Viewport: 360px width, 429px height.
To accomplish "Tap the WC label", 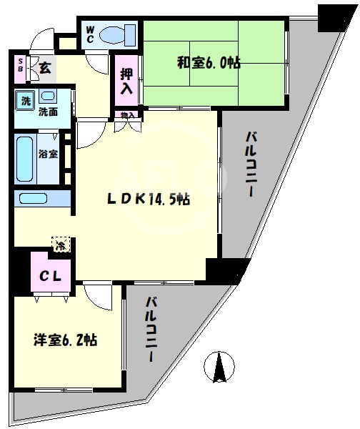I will tap(91, 34).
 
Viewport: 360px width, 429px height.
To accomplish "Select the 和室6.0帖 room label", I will tap(209, 63).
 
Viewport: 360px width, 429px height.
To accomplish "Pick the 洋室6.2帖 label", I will tap(64, 340).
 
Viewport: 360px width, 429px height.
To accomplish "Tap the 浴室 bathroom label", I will tap(48, 154).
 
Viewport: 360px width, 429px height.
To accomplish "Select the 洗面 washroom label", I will tap(48, 112).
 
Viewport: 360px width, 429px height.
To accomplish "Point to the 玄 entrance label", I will tap(44, 69).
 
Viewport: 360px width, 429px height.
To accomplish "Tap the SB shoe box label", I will tap(19, 69).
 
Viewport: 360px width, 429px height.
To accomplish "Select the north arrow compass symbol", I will tap(220, 369).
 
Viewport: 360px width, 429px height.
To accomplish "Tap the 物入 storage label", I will tap(127, 114).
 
